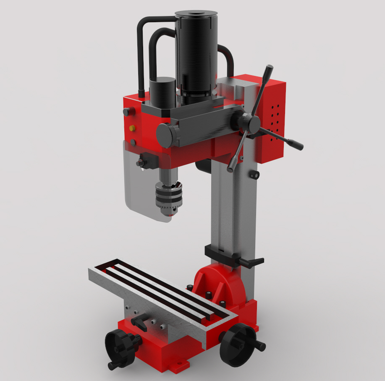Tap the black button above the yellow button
pos(126,112)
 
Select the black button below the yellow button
pos(133,143)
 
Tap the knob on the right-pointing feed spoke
pos(298,145)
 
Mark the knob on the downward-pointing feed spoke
pos(231,168)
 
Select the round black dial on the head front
pos(166,135)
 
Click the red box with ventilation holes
pos(271,120)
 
